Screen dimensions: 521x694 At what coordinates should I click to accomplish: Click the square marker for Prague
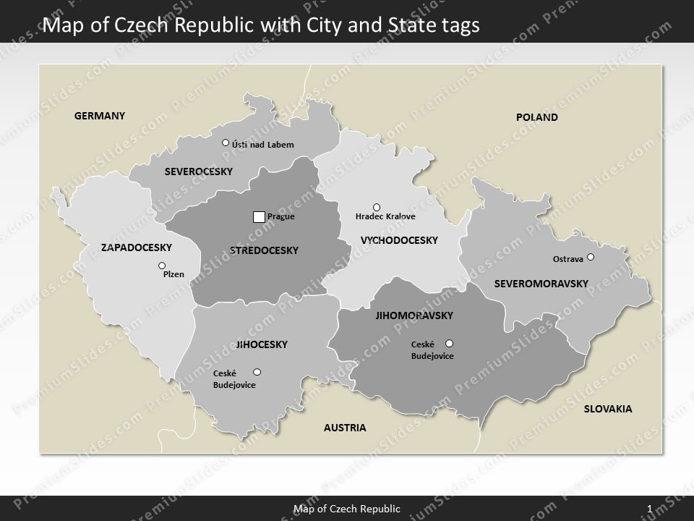(x=259, y=216)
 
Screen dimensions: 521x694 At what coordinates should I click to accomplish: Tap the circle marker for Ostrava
(x=591, y=257)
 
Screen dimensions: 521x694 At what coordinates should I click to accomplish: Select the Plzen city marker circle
(x=162, y=266)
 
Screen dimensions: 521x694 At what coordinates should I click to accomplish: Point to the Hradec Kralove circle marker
(x=376, y=208)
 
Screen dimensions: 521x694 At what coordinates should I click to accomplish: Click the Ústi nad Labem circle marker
(x=226, y=143)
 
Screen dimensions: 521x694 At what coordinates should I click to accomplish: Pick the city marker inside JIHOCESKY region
(x=257, y=372)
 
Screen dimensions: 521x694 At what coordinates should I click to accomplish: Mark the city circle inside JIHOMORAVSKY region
(x=449, y=343)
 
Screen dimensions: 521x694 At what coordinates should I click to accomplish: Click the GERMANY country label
(x=100, y=116)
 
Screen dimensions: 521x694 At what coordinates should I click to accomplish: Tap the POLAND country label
(x=536, y=117)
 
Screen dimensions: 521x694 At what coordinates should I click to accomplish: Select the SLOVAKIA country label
(x=607, y=409)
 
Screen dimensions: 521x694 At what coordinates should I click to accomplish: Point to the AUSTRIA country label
(x=345, y=428)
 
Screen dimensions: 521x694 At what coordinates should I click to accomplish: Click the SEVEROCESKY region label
(x=198, y=171)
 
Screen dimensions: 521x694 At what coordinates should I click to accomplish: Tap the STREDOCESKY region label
(x=264, y=250)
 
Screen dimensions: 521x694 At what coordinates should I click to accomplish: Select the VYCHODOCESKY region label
(x=399, y=240)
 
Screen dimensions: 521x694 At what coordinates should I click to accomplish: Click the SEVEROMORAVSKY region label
(x=541, y=284)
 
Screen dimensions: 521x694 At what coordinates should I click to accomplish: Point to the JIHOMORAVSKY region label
(x=414, y=315)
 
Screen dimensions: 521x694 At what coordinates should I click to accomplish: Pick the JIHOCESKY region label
(x=262, y=345)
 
